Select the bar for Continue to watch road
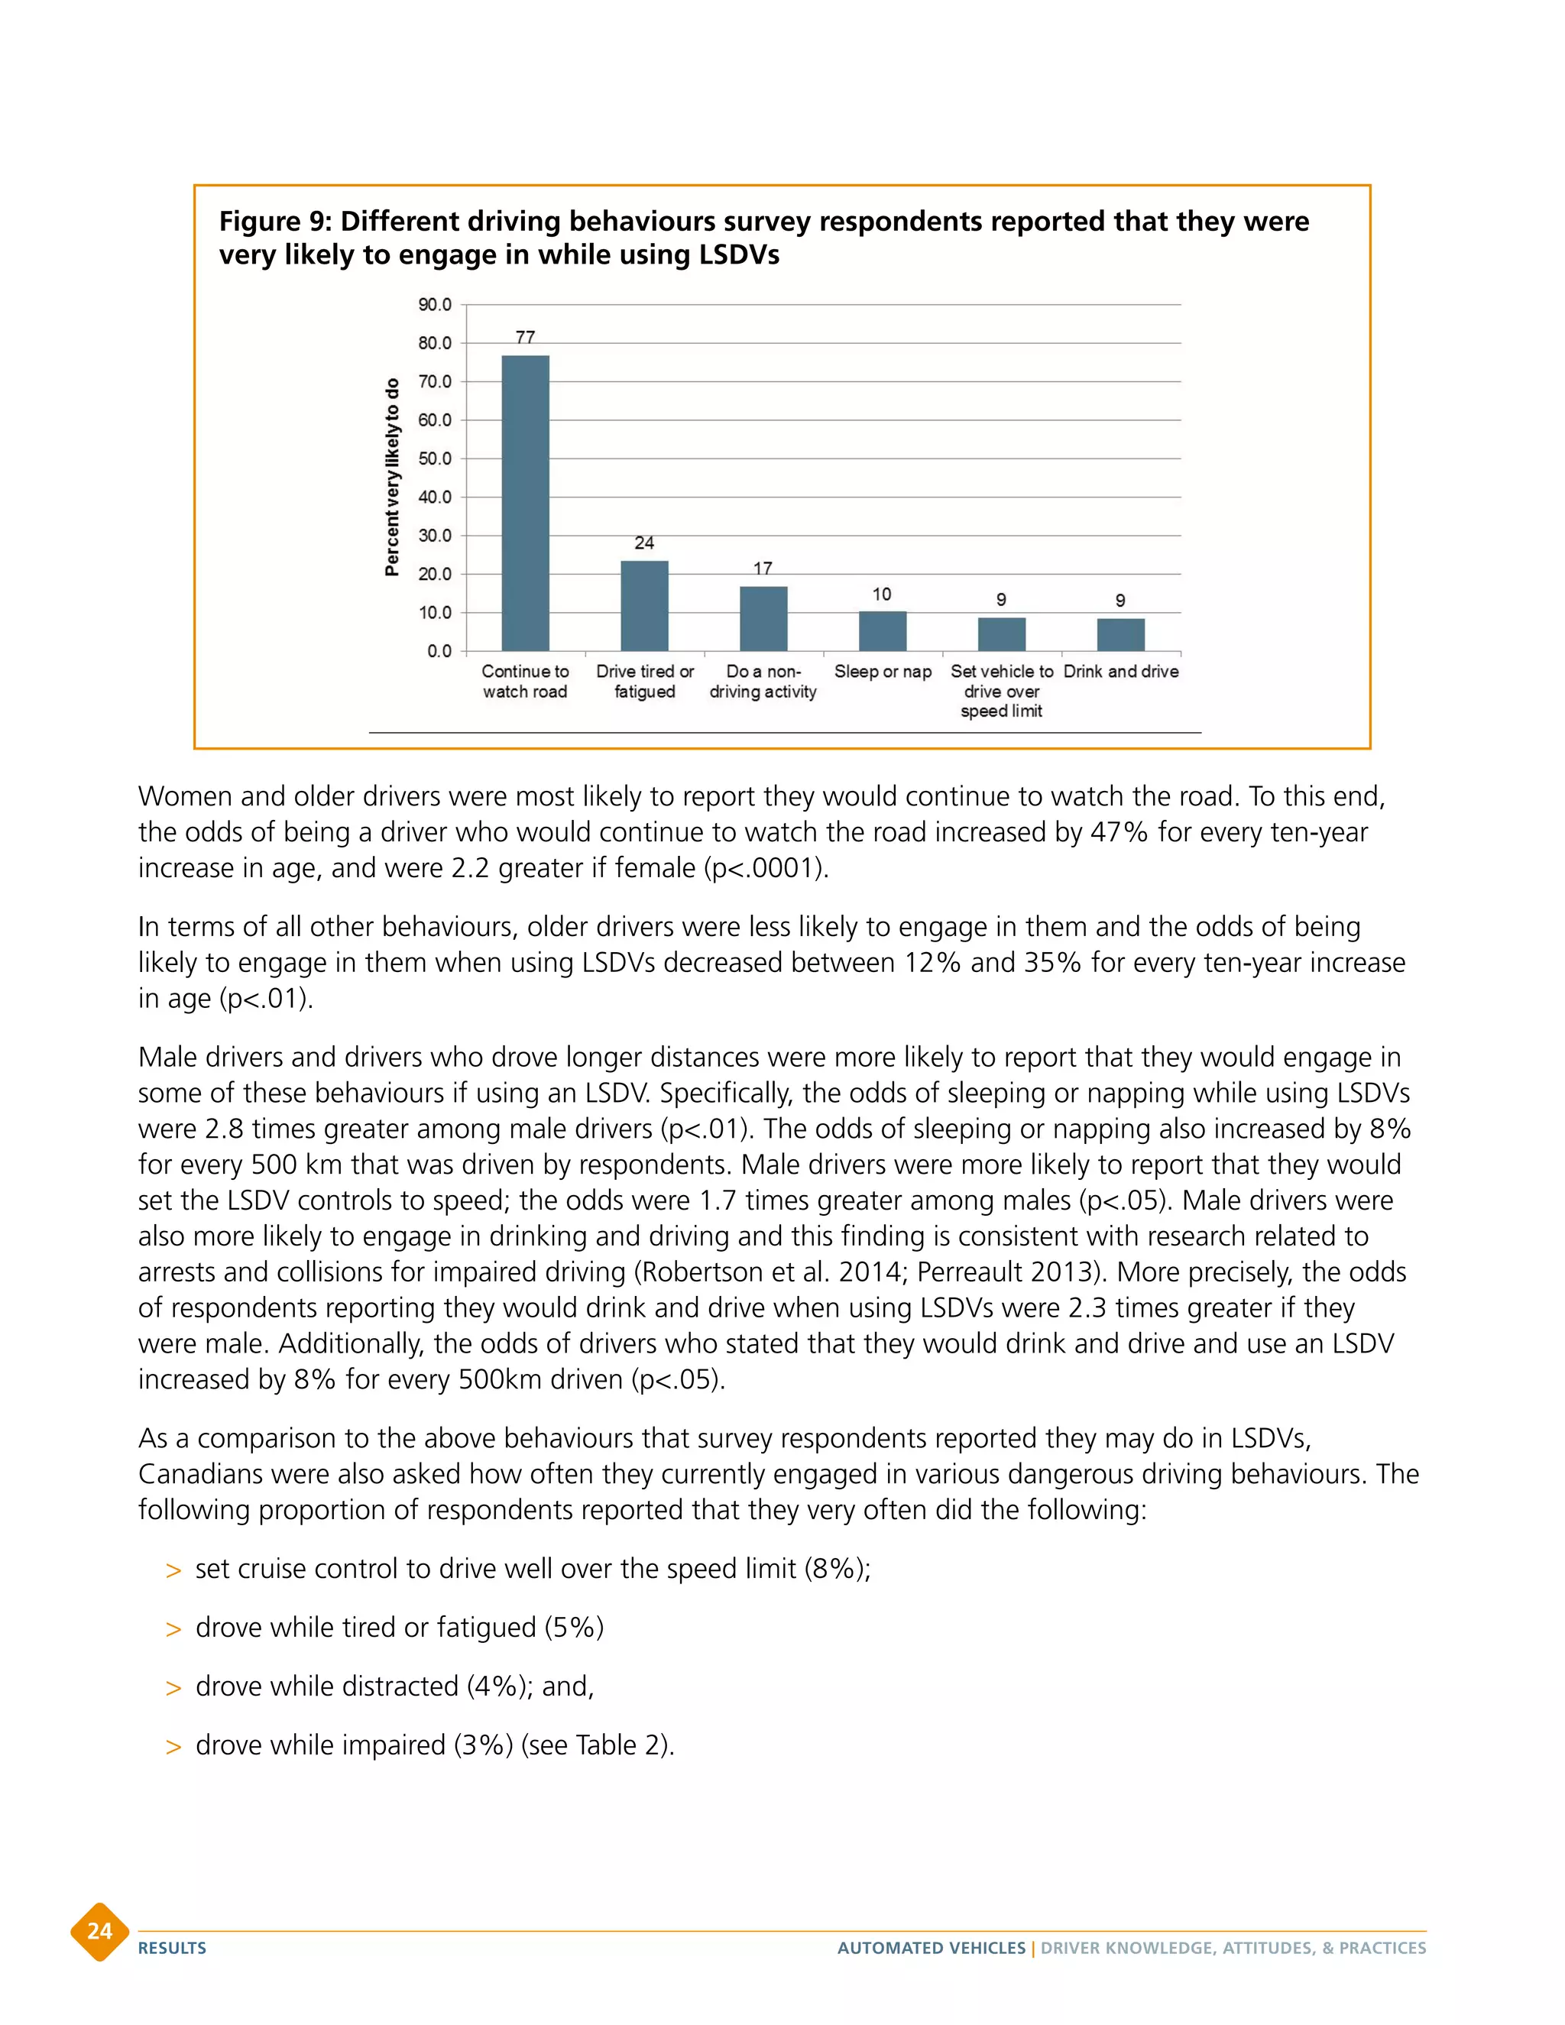(x=525, y=503)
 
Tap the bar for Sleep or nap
(x=883, y=631)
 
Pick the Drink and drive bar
(x=1121, y=635)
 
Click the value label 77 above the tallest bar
(x=525, y=338)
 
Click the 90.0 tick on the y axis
(x=435, y=305)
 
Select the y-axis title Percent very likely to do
(x=392, y=477)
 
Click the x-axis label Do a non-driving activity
(x=763, y=682)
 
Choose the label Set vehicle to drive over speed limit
(x=1001, y=691)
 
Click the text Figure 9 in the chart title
(x=274, y=222)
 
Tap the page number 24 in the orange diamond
(x=99, y=1931)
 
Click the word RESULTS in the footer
(x=173, y=1948)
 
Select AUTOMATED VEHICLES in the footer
(x=931, y=1948)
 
